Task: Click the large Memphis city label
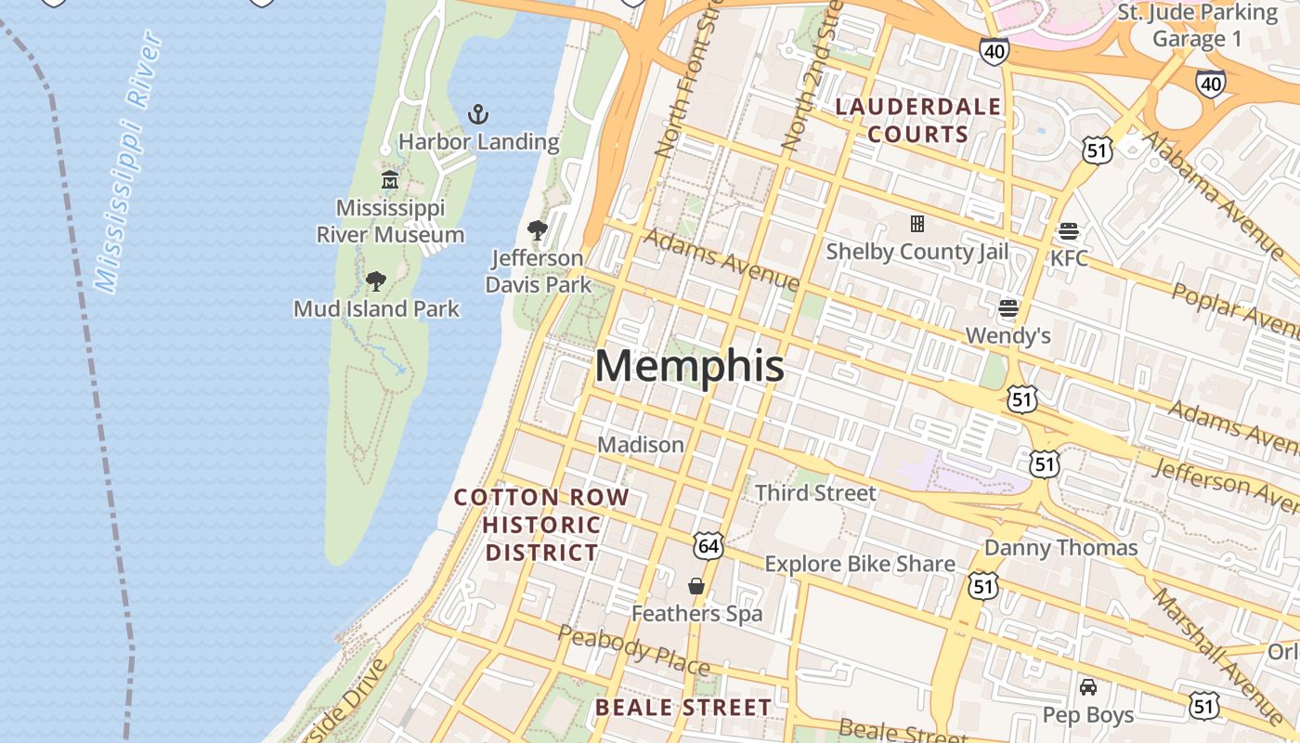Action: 689,366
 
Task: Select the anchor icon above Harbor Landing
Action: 478,115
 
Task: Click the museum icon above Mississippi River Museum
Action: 390,179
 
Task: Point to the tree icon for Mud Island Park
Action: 376,280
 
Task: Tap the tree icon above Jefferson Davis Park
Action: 537,229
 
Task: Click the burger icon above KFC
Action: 1069,230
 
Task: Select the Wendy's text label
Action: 1008,334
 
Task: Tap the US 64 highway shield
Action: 708,546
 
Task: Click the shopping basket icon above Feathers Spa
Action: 696,586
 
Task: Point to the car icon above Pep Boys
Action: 1088,687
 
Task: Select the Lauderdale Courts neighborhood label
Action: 918,120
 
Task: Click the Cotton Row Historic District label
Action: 542,525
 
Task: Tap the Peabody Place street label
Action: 634,650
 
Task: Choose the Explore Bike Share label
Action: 859,564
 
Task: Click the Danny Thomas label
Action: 1060,547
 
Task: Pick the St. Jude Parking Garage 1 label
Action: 1197,25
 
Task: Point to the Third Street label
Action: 816,492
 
